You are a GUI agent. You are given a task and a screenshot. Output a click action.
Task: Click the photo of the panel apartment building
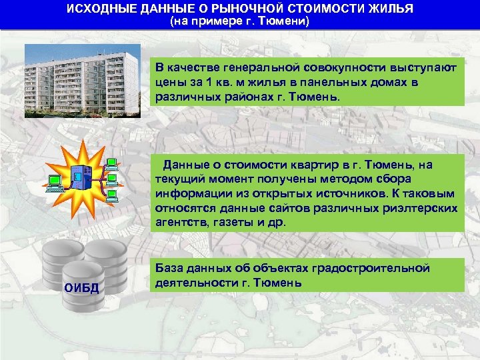[x=83, y=81]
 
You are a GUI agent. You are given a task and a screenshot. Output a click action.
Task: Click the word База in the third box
[x=169, y=268]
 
